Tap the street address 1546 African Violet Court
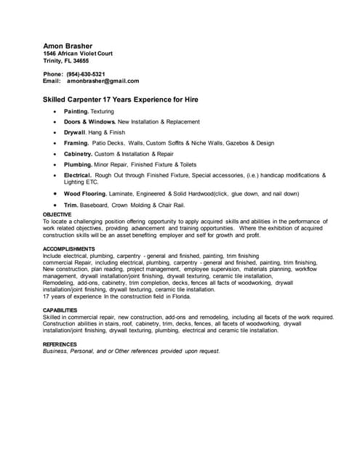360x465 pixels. (x=78, y=54)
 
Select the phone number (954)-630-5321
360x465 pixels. (x=86, y=74)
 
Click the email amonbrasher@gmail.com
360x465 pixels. (x=103, y=81)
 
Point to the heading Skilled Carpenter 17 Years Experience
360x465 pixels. (x=121, y=99)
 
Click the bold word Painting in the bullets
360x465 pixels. (x=76, y=111)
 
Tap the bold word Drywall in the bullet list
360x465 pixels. (x=75, y=132)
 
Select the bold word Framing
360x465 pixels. (x=76, y=143)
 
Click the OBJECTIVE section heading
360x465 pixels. (x=57, y=215)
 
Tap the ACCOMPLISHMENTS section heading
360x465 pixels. (x=69, y=249)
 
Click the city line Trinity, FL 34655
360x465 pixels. (x=66, y=61)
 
